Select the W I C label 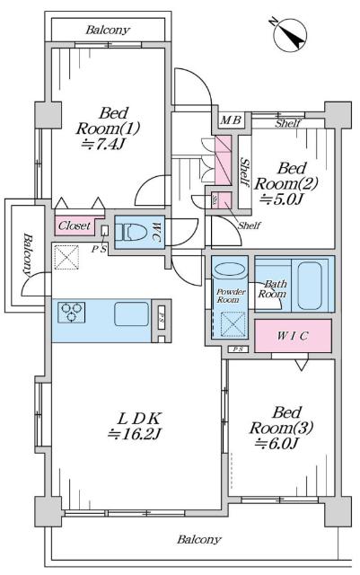click(x=293, y=336)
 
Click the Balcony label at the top click(x=108, y=30)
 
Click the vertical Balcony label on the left click(x=26, y=256)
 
